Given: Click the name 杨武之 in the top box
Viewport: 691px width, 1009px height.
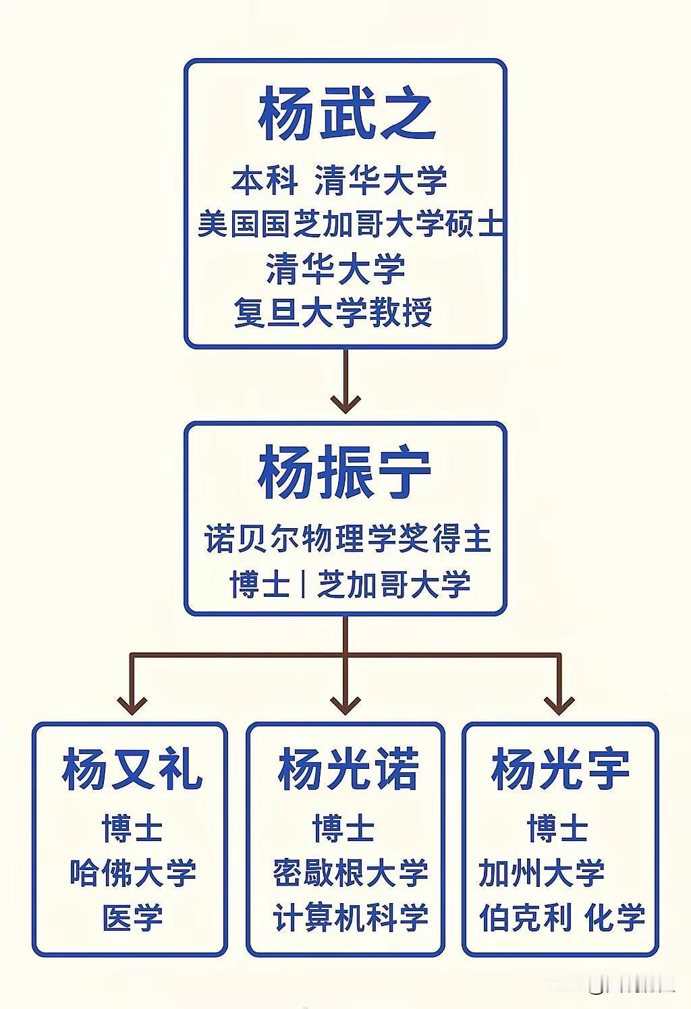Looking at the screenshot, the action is coord(346,113).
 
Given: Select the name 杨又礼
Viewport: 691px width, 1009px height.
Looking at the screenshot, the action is coord(132,770).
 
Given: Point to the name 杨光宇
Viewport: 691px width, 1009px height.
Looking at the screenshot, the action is coord(560,770).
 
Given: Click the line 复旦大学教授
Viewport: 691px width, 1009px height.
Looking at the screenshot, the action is coord(333,312).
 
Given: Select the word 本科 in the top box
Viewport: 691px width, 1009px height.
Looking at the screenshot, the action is coord(265,179).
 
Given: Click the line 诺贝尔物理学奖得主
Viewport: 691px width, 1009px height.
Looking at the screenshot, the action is coord(348,539).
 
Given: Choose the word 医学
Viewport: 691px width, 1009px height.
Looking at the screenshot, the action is coord(133,918).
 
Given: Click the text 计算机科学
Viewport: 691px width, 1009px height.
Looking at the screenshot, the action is coord(350,918).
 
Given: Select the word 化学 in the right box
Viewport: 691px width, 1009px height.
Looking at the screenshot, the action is coord(615,918).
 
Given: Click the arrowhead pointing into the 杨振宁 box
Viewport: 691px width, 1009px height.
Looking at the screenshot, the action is coord(345,404).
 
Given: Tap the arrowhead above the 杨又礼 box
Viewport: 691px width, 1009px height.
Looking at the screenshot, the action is coord(132,705).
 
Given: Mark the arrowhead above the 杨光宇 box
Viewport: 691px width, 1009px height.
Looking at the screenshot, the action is coord(559,705).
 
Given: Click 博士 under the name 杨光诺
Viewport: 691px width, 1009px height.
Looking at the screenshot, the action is coord(343,828).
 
